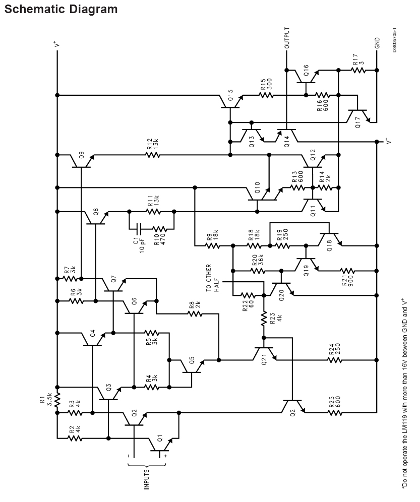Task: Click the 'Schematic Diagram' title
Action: tap(61, 9)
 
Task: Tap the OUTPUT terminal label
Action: tap(287, 38)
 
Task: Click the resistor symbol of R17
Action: tap(359, 70)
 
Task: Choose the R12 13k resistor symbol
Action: tap(153, 155)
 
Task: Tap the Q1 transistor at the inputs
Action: tap(160, 443)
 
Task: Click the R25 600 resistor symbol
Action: tap(334, 413)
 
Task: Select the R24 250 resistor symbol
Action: tap(334, 360)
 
